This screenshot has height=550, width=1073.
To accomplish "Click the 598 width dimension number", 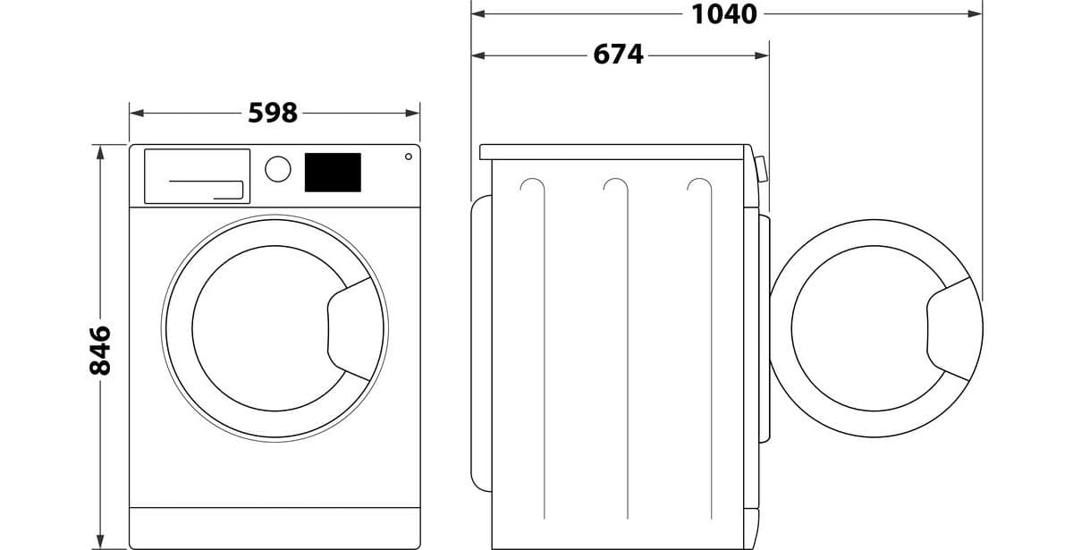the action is (273, 113).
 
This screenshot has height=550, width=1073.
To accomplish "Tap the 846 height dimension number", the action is (100, 351).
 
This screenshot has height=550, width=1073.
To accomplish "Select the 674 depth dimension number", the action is (618, 55).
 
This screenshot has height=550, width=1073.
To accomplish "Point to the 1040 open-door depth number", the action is (723, 14).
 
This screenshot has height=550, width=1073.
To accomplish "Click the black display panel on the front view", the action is (333, 173).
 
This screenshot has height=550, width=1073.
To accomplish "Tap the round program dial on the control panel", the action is (278, 169).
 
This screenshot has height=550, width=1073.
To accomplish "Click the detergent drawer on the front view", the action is (197, 176).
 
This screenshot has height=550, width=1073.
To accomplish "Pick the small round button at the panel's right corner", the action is (408, 157).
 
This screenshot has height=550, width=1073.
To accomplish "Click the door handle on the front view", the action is (350, 329).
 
